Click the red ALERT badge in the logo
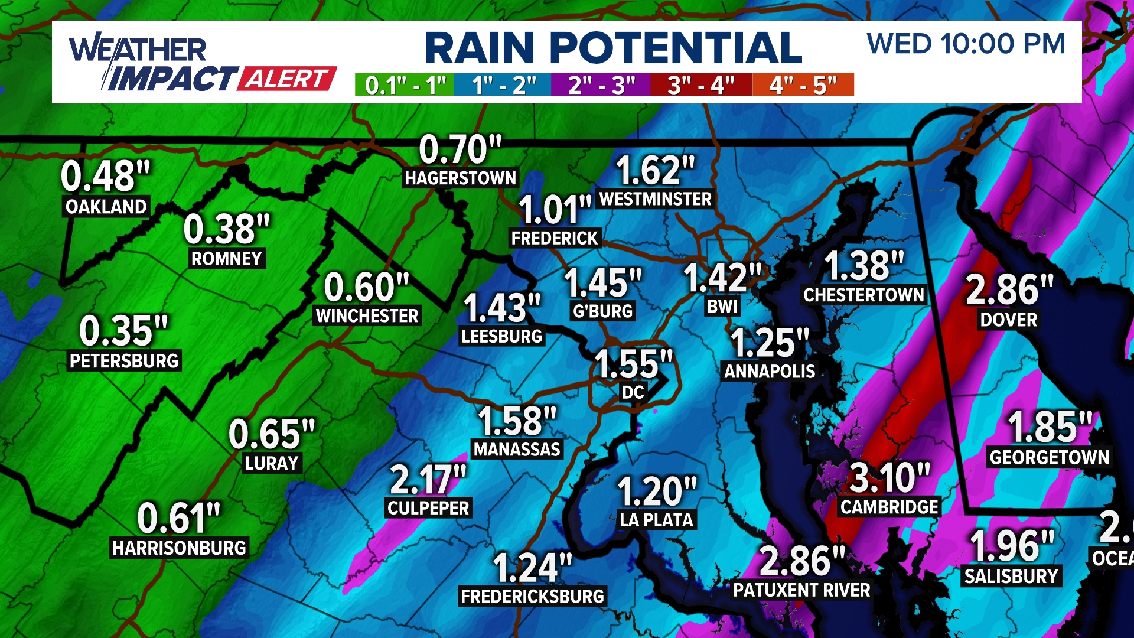click(x=287, y=79)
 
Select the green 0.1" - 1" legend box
click(x=405, y=85)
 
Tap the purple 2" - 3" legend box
click(x=601, y=85)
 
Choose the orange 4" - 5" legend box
click(x=803, y=85)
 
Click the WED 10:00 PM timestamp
click(x=966, y=44)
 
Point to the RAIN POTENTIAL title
click(x=613, y=48)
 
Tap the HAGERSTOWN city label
click(x=460, y=178)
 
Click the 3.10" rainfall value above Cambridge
click(x=889, y=478)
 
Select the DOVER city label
click(x=1008, y=320)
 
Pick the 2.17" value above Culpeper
click(x=428, y=479)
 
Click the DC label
click(x=633, y=392)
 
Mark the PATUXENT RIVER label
click(x=801, y=590)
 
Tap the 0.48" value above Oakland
click(x=106, y=177)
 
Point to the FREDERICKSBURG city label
click(x=532, y=597)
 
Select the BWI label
click(x=722, y=307)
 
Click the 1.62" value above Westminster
click(x=655, y=171)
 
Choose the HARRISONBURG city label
click(x=179, y=548)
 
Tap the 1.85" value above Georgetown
click(x=1050, y=427)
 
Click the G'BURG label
click(x=602, y=311)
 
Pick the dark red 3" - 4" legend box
click(x=701, y=85)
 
